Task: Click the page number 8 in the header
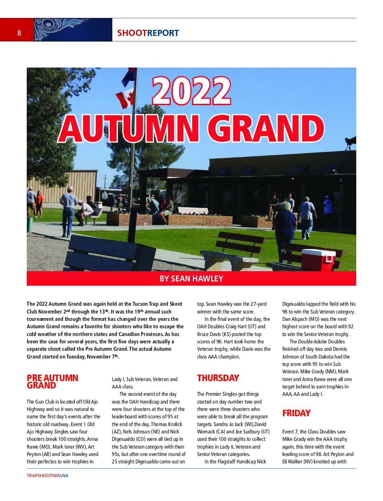tap(19, 33)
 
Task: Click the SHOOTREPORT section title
tap(148, 33)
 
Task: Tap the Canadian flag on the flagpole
tap(125, 99)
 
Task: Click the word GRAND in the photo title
tap(269, 128)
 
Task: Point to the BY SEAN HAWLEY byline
tap(191, 279)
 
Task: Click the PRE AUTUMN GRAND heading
tap(52, 381)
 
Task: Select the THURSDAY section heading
tap(218, 378)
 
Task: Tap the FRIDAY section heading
tap(296, 413)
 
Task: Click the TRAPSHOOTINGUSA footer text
tap(48, 475)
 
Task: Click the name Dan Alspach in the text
tap(295, 319)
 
